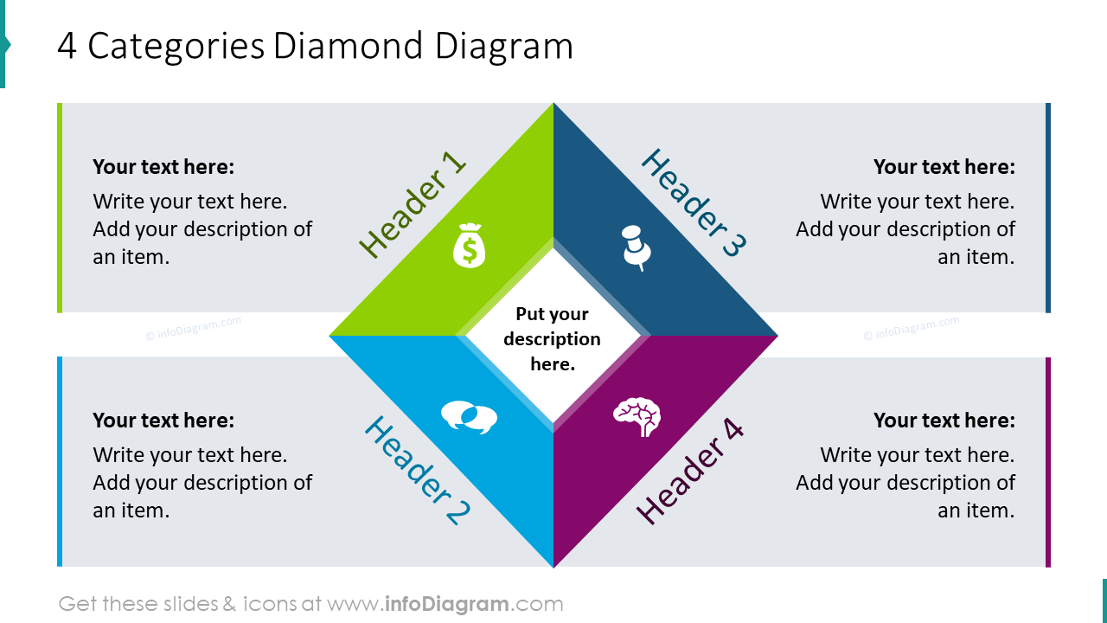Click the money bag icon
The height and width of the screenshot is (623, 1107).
469,246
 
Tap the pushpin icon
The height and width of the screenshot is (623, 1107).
636,247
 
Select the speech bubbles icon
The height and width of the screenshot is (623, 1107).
469,417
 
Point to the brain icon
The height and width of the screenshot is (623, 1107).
637,416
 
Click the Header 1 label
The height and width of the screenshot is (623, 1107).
412,206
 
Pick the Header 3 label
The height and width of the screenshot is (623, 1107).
694,203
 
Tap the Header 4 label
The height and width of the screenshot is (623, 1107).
690,472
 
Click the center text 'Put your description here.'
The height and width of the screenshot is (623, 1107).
553,339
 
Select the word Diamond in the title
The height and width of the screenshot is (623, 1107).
349,47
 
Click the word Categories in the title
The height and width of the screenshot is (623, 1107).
176,47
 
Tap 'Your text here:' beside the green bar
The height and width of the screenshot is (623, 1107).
163,167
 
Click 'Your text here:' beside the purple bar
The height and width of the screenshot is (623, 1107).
944,421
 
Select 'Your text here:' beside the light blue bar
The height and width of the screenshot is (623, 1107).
163,421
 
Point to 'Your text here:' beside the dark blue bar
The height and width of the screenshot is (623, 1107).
944,167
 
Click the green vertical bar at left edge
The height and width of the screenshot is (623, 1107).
60,208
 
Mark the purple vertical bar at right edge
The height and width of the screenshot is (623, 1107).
1048,462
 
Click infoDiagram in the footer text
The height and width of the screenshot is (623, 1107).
445,604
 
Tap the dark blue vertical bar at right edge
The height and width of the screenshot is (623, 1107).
1048,208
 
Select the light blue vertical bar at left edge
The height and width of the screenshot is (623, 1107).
60,462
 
